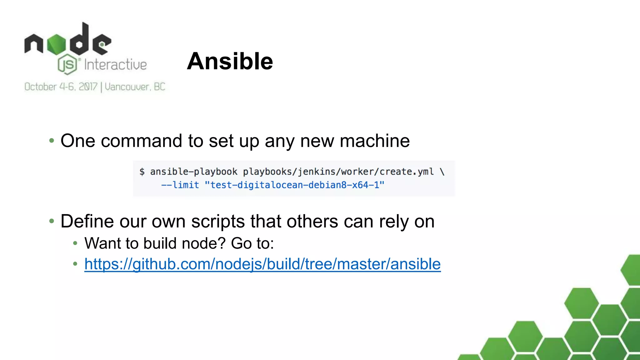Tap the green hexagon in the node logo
click(x=57, y=44)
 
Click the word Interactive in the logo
click(x=115, y=65)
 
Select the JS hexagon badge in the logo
click(x=67, y=64)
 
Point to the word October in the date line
click(x=40, y=87)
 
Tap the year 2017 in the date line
click(x=88, y=87)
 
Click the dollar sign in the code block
click(x=142, y=172)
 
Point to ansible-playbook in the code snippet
click(x=193, y=172)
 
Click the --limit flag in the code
click(x=180, y=185)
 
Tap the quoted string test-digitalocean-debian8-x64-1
click(x=294, y=185)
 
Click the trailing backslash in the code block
click(x=442, y=172)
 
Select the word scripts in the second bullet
click(x=218, y=222)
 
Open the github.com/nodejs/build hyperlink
click(x=262, y=264)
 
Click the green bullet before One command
click(x=52, y=141)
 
